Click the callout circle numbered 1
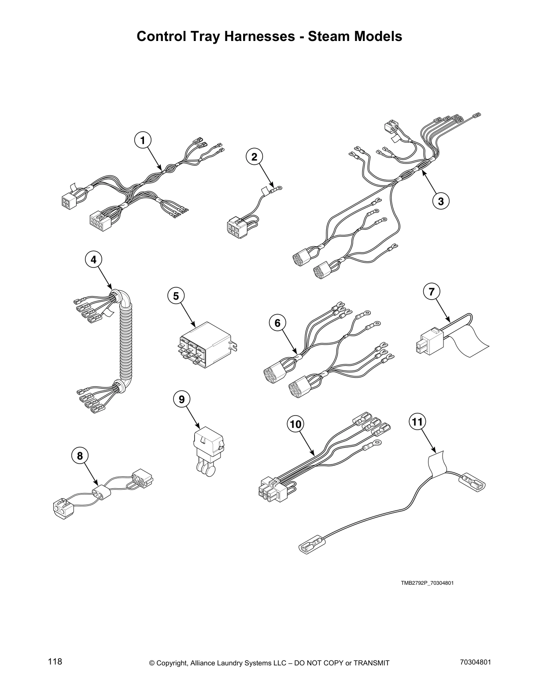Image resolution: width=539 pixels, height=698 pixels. point(142,141)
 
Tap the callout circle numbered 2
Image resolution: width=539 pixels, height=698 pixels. point(254,156)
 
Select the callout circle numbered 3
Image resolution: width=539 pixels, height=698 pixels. point(441,201)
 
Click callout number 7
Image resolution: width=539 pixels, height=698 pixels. point(432,291)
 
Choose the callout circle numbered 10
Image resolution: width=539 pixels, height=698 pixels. point(296,424)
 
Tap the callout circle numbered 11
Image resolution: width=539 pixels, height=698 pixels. point(417,422)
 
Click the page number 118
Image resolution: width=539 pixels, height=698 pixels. point(55,661)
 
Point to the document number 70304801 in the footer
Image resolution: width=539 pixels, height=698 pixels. point(475,662)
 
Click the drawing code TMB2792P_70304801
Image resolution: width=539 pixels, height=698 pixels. point(427,583)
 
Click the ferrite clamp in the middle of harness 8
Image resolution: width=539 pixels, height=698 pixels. point(102,492)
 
